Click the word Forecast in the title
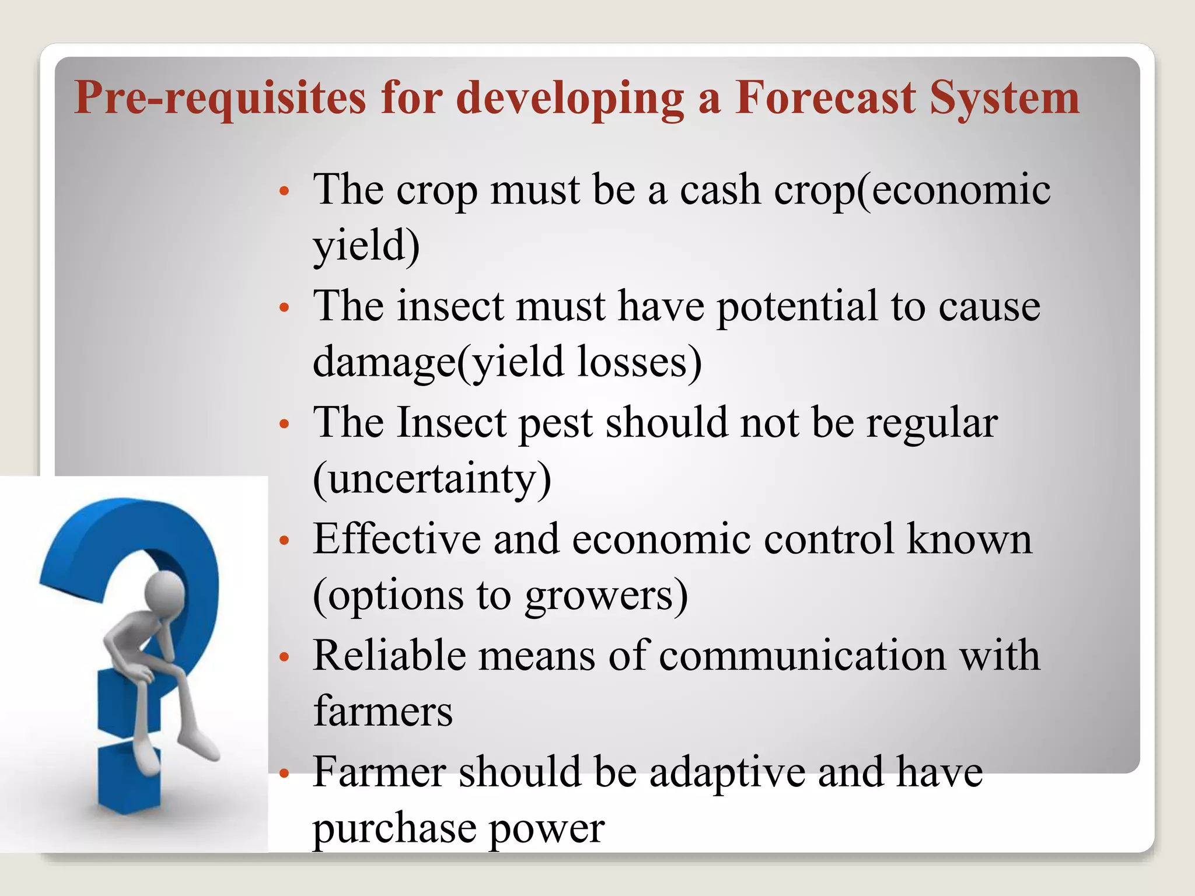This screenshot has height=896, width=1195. tap(825, 98)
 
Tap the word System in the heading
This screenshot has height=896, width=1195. tap(1004, 98)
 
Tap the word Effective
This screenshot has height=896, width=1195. tap(396, 539)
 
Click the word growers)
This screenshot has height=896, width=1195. tap(606, 596)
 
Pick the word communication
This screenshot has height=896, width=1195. tap(803, 656)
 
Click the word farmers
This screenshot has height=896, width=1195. tap(383, 712)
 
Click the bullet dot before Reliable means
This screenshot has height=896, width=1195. tap(284, 657)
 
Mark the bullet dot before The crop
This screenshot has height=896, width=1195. tap(284, 191)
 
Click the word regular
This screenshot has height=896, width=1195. tap(932, 423)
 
